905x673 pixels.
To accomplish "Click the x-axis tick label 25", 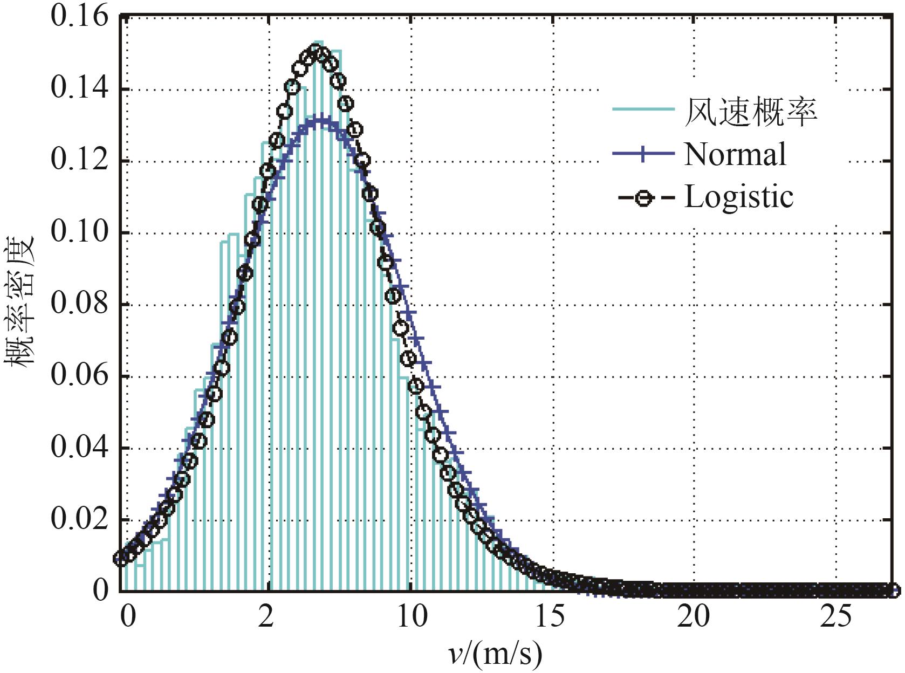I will (835, 616).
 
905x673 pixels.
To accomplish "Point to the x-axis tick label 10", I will (412, 616).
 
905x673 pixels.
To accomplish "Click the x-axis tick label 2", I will (265, 616).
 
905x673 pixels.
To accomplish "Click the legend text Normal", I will (735, 155).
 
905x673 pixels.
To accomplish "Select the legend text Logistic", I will (739, 197).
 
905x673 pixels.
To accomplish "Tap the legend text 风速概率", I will (750, 112).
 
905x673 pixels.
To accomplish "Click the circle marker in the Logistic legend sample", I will (643, 198).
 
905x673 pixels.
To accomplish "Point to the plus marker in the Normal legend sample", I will (643, 154).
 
